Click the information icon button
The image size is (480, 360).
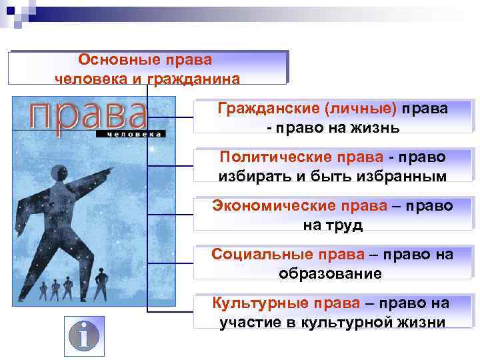84,334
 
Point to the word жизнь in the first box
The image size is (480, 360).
377,127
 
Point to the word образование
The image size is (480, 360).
331,273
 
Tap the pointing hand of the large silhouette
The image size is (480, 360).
107,174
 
